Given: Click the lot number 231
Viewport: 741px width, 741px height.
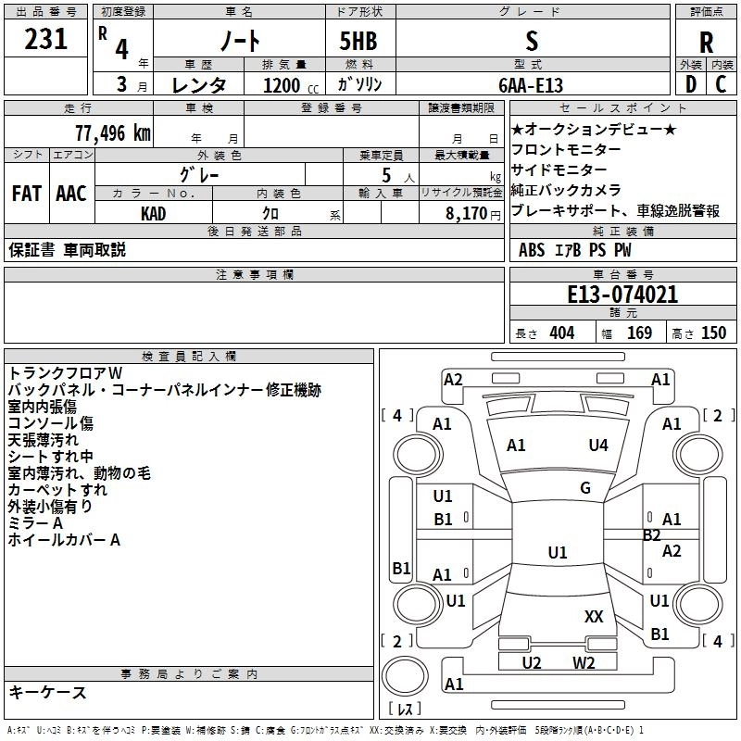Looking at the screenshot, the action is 45,39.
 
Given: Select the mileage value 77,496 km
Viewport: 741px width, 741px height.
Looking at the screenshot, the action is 113,133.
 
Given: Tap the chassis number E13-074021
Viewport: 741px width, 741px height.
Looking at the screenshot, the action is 622,295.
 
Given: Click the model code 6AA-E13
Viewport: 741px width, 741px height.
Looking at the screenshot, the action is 531,85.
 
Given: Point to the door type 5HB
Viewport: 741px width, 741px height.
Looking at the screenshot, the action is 358,41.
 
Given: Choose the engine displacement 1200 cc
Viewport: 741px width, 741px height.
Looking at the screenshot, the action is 291,85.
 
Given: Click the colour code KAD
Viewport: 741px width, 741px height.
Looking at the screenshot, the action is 153,214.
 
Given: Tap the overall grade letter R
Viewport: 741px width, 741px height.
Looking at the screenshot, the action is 706,43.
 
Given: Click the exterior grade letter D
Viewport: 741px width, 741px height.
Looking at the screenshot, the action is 690,84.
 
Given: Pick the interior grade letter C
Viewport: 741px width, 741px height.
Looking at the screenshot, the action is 721,84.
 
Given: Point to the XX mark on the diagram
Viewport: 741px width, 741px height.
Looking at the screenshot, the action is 594,616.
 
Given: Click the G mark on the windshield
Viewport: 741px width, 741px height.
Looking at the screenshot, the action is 585,487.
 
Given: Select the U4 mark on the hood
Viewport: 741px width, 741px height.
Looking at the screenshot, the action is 598,445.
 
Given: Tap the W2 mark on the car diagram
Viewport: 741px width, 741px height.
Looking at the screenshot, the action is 584,662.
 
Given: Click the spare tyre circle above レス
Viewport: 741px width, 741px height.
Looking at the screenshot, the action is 405,676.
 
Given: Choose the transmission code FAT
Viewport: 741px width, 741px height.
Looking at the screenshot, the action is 27,194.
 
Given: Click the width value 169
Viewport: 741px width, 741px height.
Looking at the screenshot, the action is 639,333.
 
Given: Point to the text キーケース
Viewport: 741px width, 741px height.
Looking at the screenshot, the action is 47,692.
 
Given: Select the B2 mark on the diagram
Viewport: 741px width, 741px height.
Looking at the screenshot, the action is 651,535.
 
